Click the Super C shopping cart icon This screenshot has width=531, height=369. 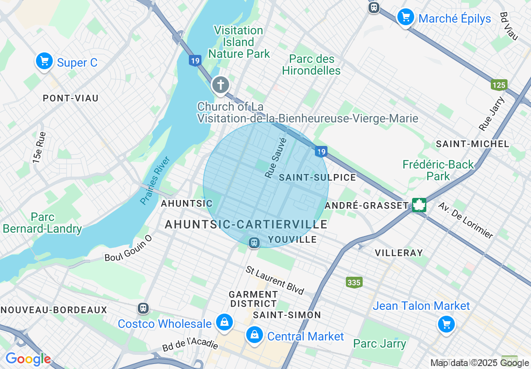pyautogui.click(x=44, y=62)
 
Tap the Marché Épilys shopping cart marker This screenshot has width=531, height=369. pyautogui.click(x=405, y=17)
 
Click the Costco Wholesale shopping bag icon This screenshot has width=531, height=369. pyautogui.click(x=224, y=322)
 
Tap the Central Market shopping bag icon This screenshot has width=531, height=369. pyautogui.click(x=254, y=335)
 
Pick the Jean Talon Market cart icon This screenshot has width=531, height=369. pyautogui.click(x=446, y=324)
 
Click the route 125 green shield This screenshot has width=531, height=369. pyautogui.click(x=499, y=85)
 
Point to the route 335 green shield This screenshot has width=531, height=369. pyautogui.click(x=354, y=283)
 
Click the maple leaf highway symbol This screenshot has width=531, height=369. pyautogui.click(x=419, y=205)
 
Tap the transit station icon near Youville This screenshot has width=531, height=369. pyautogui.click(x=254, y=242)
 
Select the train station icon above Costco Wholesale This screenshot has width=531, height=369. pyautogui.click(x=143, y=309)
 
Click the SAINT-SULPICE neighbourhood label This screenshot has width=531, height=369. pyautogui.click(x=317, y=177)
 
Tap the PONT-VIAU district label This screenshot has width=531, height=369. pyautogui.click(x=71, y=98)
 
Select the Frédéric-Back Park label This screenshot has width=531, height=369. pyautogui.click(x=438, y=170)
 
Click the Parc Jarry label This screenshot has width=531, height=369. pyautogui.click(x=379, y=344)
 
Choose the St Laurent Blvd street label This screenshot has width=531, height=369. pyautogui.click(x=275, y=280)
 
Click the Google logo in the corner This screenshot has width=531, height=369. pyautogui.click(x=28, y=359)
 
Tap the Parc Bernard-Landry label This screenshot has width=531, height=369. pyautogui.click(x=42, y=223)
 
